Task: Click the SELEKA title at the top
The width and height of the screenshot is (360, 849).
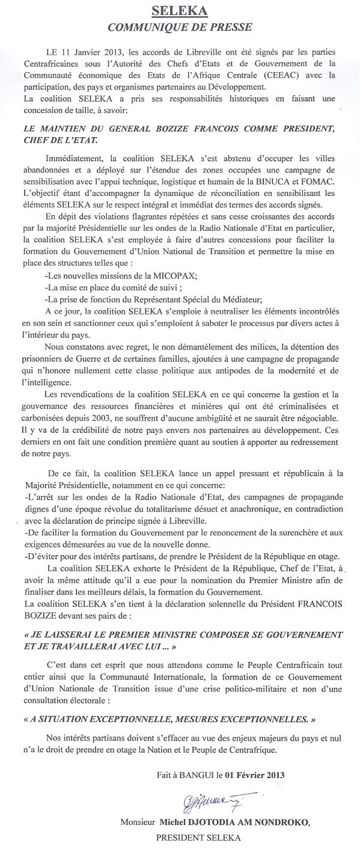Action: (180, 11)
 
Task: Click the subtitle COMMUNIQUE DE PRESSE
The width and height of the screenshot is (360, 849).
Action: (180, 26)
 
